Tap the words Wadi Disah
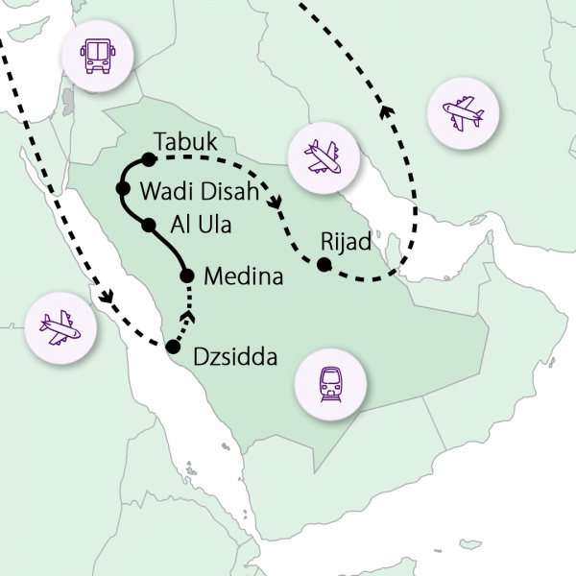(199, 190)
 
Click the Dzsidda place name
(235, 358)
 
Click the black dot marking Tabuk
(148, 158)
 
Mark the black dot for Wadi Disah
(123, 188)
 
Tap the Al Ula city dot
(148, 226)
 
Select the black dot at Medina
(187, 276)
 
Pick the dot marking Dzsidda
(172, 347)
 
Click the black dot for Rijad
(324, 263)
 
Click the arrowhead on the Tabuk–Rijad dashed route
(276, 204)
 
